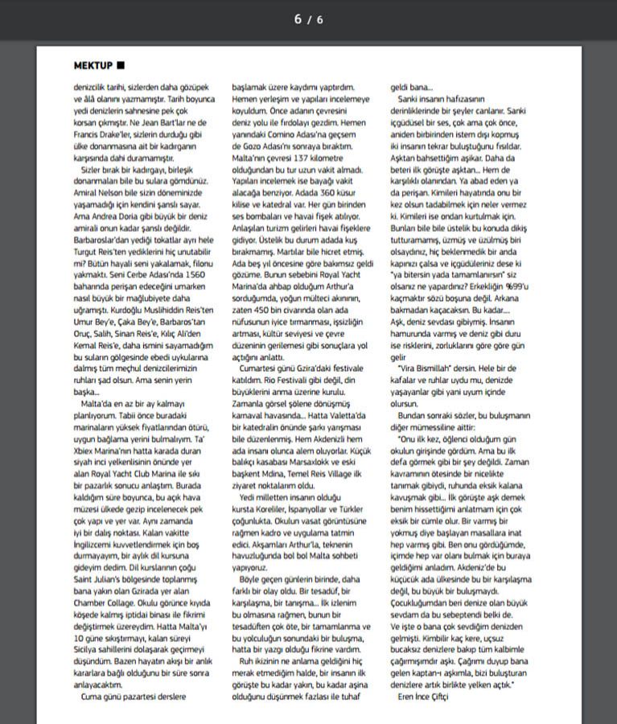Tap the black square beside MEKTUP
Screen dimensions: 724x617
(121, 64)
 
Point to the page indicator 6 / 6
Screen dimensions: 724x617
(308, 19)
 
